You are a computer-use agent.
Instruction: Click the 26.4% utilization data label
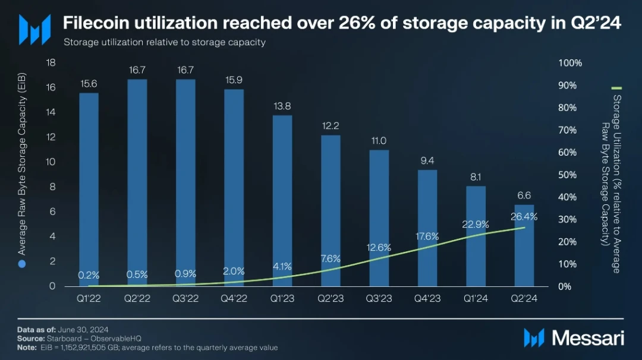tap(524, 217)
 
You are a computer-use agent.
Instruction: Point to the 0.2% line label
tap(89, 275)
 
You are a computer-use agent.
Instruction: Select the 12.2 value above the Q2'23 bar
tap(331, 125)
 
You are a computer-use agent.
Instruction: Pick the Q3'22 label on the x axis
tap(185, 299)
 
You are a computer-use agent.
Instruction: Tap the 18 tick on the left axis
tap(51, 62)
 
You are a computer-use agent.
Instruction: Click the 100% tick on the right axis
tap(571, 63)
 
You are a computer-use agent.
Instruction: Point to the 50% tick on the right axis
tap(568, 175)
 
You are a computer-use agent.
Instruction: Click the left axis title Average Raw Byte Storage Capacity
tap(22, 169)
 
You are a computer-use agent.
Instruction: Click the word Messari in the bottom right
tap(588, 338)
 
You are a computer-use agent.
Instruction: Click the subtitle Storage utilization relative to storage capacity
tap(164, 42)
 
